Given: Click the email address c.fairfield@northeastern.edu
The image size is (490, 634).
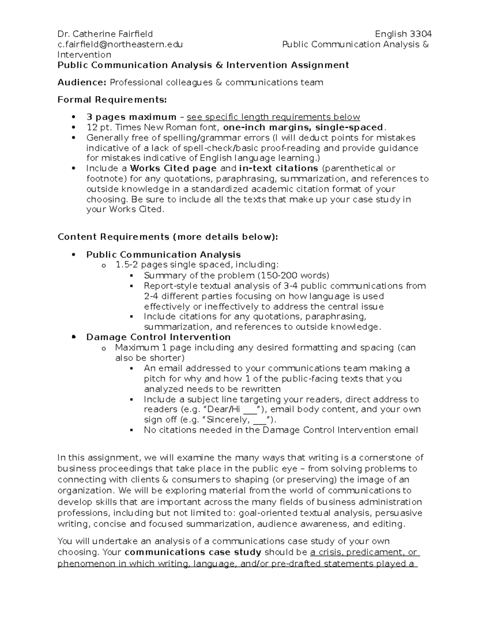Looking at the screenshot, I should click(120, 44).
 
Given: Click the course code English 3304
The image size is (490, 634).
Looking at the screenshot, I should click(403, 34).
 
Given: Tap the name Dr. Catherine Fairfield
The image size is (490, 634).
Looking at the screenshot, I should click(105, 34).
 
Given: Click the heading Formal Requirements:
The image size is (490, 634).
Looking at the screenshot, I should click(112, 100).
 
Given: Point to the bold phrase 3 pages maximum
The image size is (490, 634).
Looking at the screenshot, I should click(131, 117).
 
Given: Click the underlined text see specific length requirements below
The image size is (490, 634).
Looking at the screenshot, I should click(273, 117).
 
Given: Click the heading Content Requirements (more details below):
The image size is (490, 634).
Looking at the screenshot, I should click(167, 237).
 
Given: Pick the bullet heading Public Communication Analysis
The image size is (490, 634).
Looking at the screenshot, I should click(163, 255).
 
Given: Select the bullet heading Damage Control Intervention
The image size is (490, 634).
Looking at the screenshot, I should click(158, 337).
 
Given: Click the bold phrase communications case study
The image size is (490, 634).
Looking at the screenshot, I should click(193, 552).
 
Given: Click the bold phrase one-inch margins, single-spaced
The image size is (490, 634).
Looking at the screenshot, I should click(303, 127).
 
